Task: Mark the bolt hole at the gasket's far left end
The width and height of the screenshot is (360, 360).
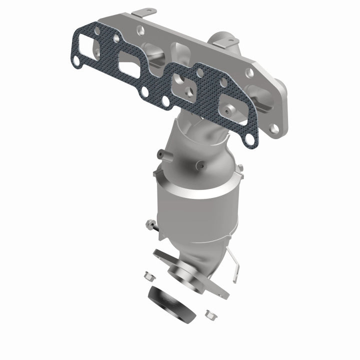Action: (77, 61)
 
